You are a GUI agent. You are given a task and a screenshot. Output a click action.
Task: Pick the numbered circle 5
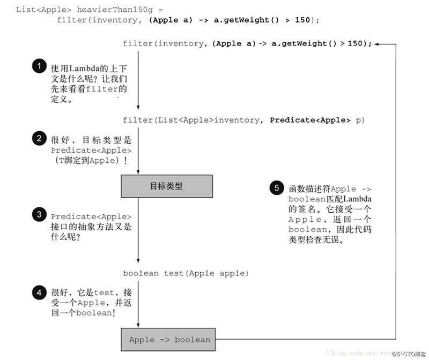[x=277, y=188]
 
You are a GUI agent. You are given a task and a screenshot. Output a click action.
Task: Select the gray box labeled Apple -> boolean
[x=170, y=340]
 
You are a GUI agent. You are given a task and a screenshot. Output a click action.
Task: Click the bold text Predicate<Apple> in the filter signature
[x=309, y=120]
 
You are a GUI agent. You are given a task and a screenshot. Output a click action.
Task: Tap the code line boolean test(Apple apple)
[x=186, y=273]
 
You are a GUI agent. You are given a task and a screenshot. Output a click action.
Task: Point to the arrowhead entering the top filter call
[x=378, y=44]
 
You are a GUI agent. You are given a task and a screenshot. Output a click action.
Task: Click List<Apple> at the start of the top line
[x=36, y=9]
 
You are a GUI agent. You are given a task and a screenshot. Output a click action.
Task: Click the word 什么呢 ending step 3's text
[x=66, y=236]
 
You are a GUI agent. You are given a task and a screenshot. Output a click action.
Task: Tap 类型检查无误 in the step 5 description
[x=317, y=240]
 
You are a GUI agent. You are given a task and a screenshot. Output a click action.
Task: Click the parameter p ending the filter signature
[x=358, y=120]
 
